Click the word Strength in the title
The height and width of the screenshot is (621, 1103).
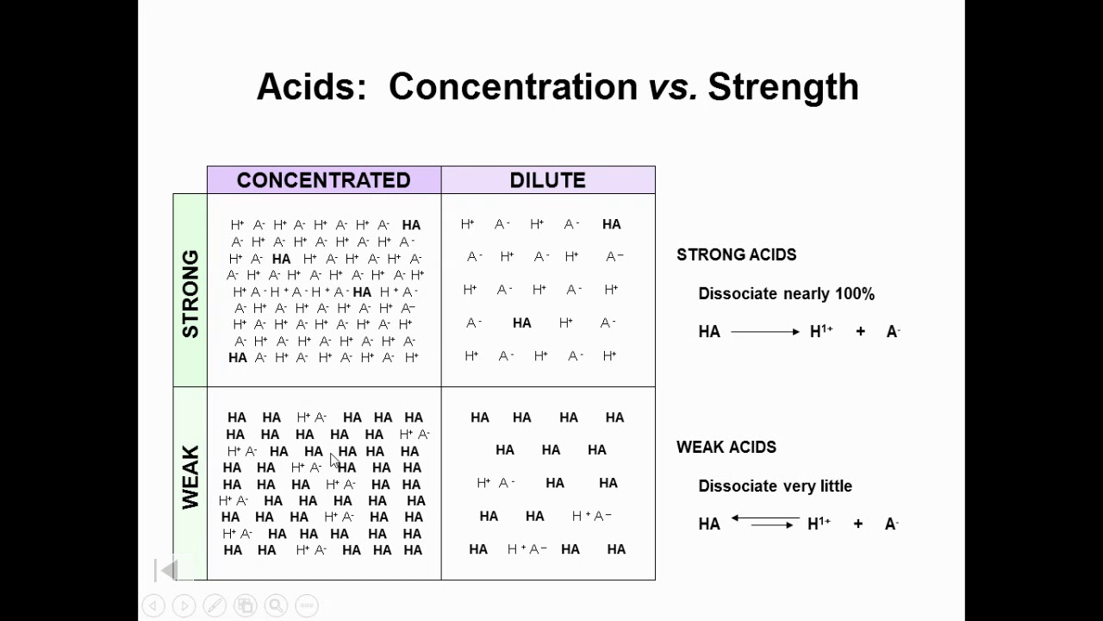tap(782, 87)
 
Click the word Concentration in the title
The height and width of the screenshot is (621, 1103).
tap(513, 87)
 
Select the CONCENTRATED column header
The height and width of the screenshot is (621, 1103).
tap(323, 180)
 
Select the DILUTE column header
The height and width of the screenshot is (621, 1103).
tap(547, 180)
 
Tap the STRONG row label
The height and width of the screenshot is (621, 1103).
tap(190, 293)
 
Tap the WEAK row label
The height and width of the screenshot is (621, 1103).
tap(190, 477)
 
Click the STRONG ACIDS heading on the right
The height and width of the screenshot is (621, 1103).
tap(736, 254)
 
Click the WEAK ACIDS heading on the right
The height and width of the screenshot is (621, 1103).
tap(726, 447)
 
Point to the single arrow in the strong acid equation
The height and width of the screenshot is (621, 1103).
tap(764, 332)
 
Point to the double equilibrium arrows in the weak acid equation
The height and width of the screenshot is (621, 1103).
tap(764, 521)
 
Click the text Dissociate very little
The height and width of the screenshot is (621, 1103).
tap(775, 486)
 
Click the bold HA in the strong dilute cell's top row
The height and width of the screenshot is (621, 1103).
tap(611, 224)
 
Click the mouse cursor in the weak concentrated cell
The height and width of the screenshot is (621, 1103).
tap(334, 461)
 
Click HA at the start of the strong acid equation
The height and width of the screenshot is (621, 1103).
tap(709, 332)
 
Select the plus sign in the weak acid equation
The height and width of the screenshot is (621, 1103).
tap(857, 524)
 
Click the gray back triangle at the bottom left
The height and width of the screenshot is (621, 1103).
tap(169, 569)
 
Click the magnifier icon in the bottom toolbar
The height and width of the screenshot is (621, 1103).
tap(276, 605)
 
